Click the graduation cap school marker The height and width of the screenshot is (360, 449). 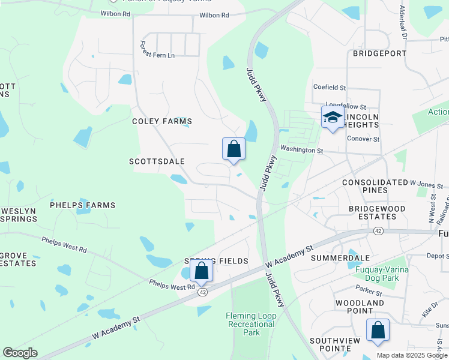(332, 118)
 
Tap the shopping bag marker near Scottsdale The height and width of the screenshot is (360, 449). (234, 149)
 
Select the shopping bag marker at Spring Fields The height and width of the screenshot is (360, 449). (202, 271)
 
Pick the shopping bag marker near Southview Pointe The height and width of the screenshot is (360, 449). (378, 331)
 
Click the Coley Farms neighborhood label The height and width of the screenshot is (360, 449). (153, 121)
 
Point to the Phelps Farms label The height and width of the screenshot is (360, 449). (82, 205)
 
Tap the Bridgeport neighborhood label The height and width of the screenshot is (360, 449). (379, 53)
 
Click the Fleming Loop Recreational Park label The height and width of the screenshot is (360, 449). (251, 324)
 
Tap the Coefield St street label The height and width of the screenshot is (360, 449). (330, 88)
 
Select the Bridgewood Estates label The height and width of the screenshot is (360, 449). (377, 213)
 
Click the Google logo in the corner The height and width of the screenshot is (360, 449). (20, 353)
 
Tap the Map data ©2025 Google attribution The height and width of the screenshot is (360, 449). (411, 355)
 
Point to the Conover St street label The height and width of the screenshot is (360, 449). (363, 139)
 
